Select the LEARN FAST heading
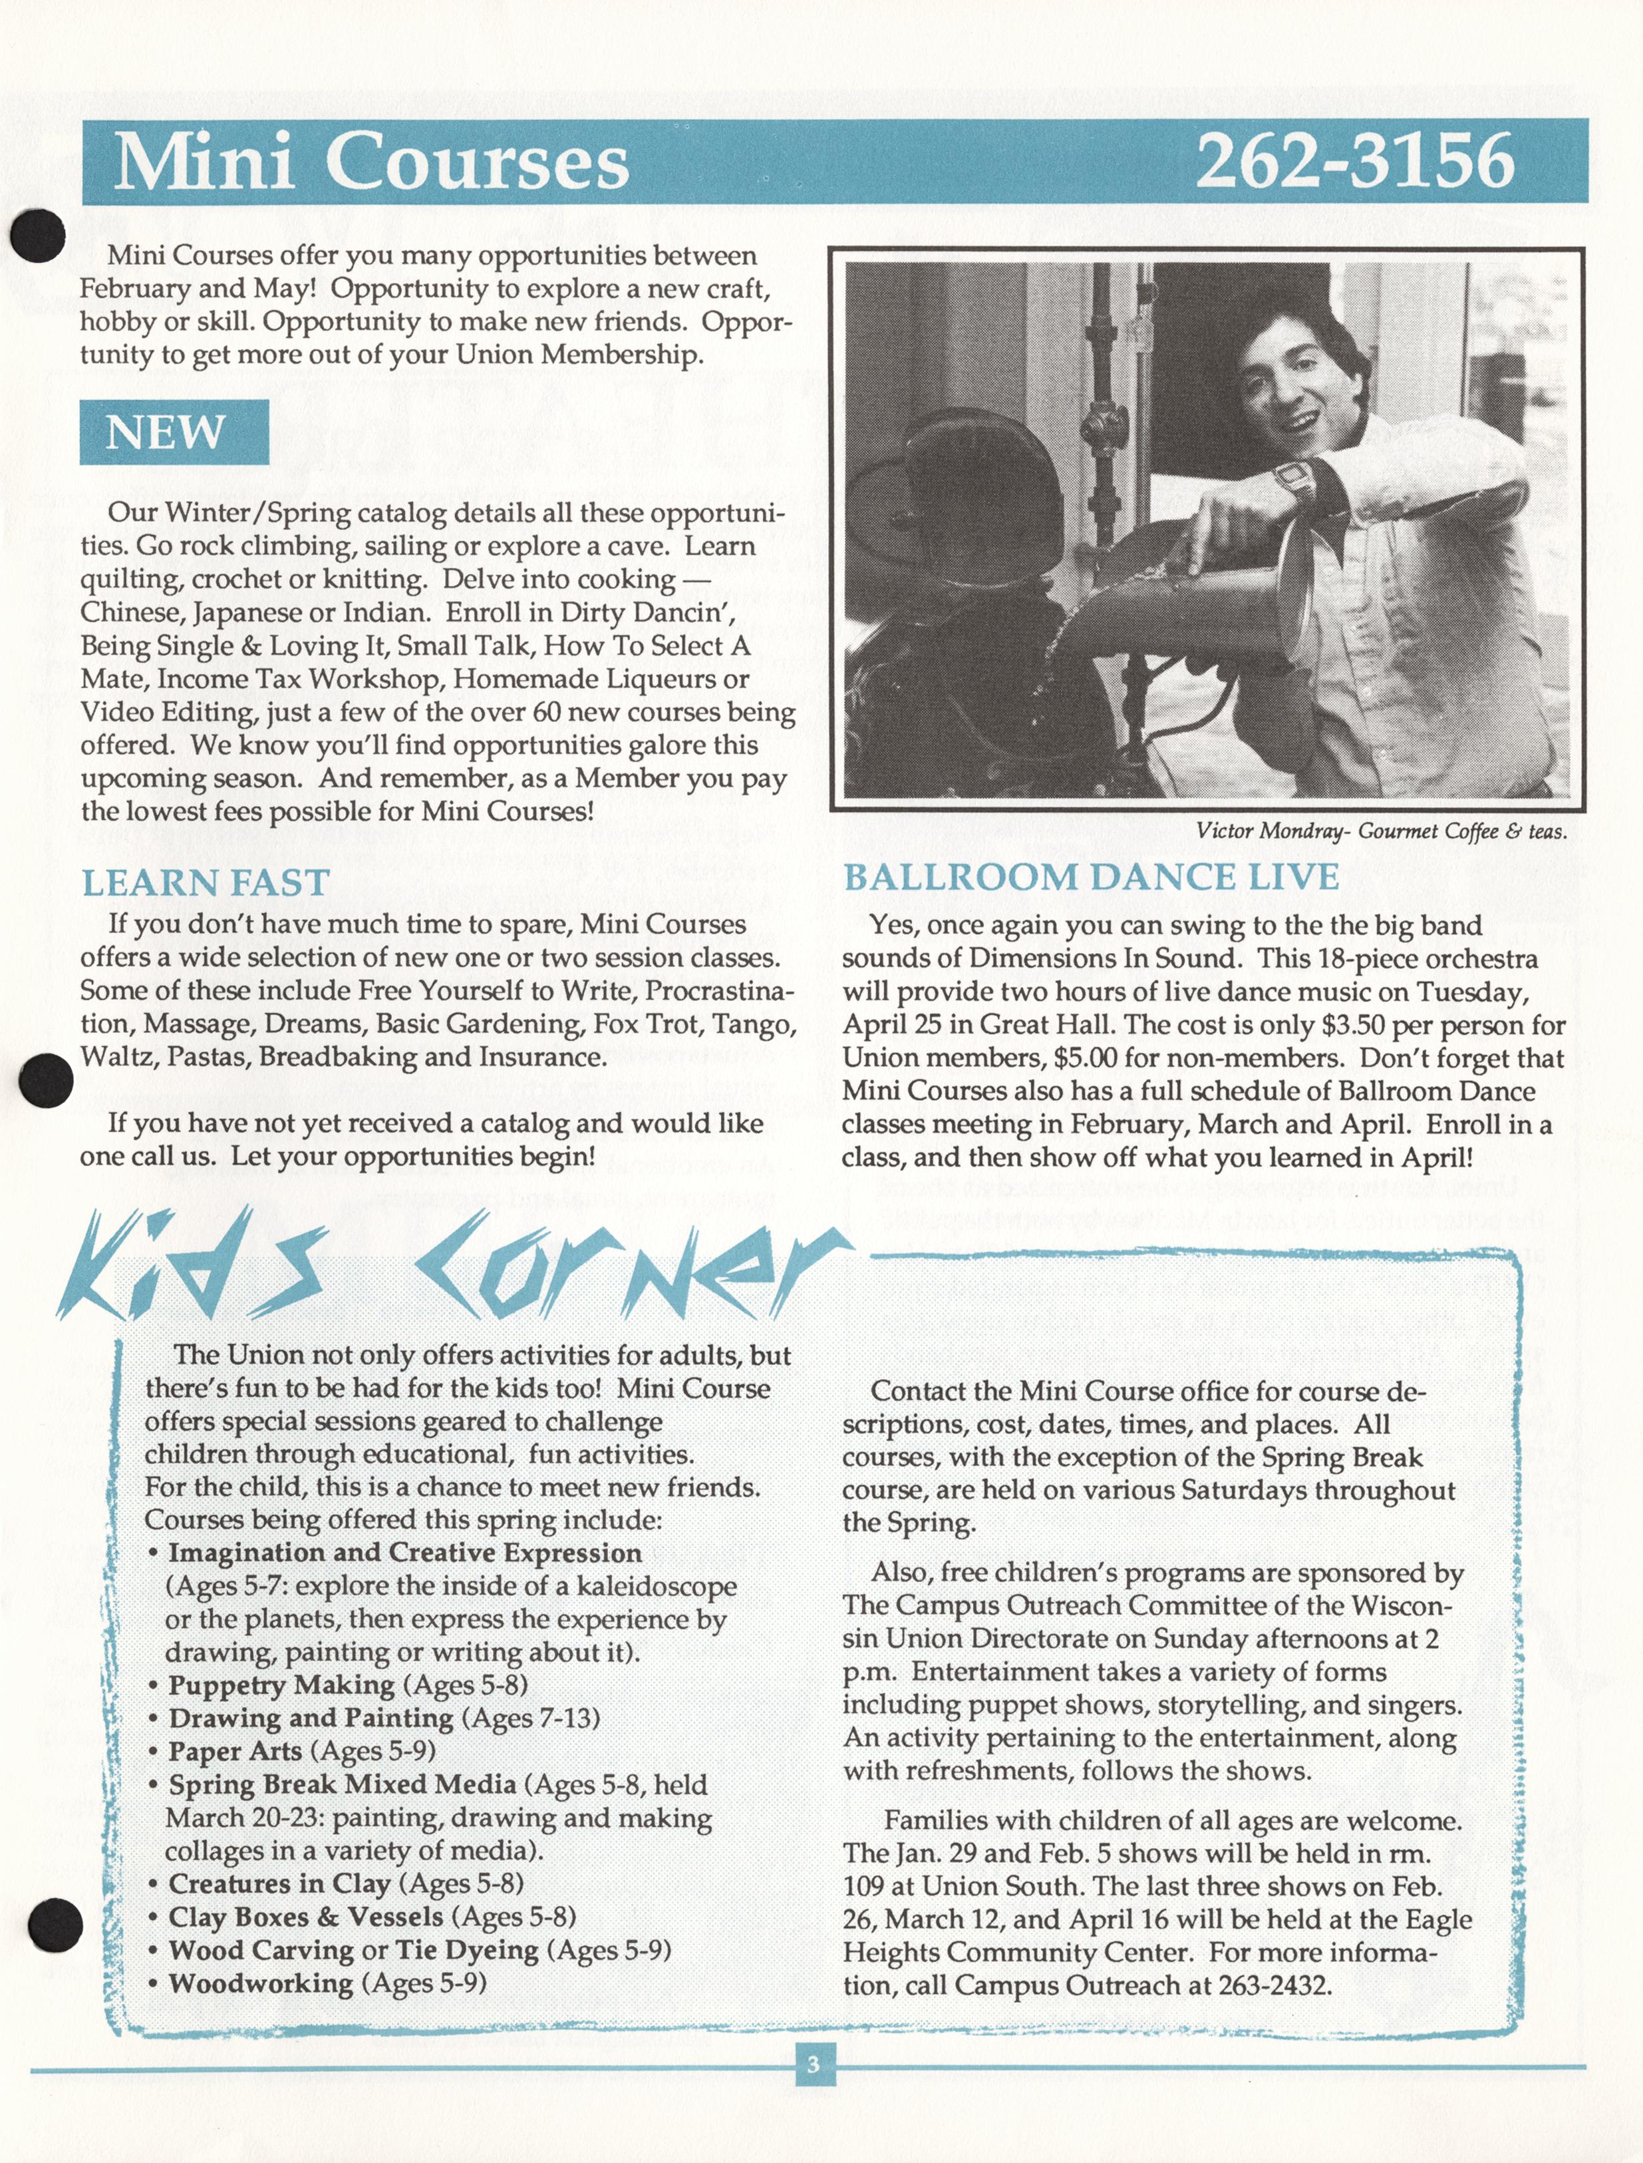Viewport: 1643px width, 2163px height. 206,883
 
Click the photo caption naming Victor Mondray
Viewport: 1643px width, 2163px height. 1381,831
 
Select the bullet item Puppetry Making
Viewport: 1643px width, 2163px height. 281,1684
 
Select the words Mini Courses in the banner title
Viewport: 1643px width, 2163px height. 372,162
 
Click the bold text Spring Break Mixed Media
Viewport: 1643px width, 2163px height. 343,1784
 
